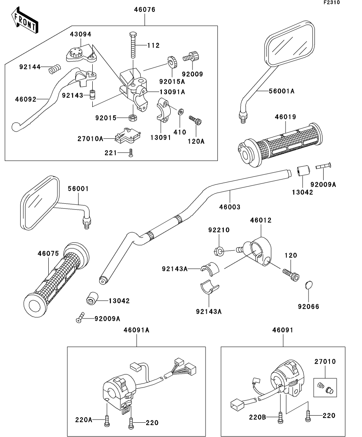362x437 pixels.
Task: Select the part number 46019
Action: click(x=284, y=117)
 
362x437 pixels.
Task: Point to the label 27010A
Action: click(x=90, y=139)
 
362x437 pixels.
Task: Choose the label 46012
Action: click(x=261, y=221)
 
